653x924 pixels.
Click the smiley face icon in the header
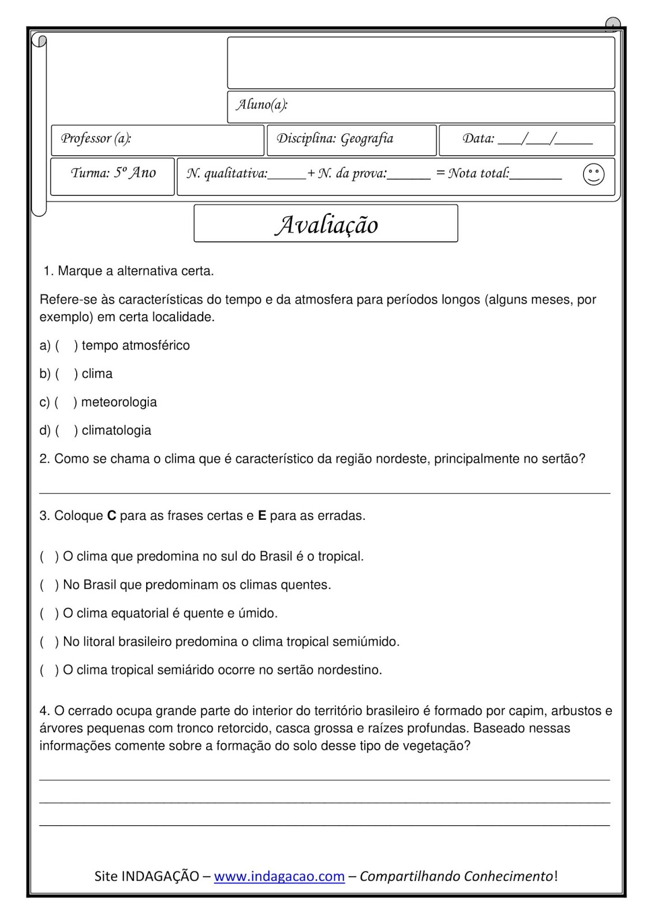pyautogui.click(x=594, y=174)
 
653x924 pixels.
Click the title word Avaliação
pyautogui.click(x=326, y=225)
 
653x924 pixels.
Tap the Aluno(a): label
pyautogui.click(x=262, y=105)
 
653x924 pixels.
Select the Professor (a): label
pyautogui.click(x=96, y=139)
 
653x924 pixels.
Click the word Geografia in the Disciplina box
pyautogui.click(x=367, y=139)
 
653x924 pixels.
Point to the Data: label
pyautogui.click(x=478, y=139)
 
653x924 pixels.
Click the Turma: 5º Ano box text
pyautogui.click(x=113, y=173)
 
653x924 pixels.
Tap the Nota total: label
pyautogui.click(x=479, y=173)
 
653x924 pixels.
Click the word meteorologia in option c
pyautogui.click(x=119, y=402)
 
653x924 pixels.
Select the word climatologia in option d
pyautogui.click(x=116, y=430)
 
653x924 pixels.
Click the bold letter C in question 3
pyautogui.click(x=112, y=516)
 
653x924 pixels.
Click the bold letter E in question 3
pyautogui.click(x=262, y=516)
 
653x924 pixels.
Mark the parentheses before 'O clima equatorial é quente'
pyautogui.click(x=49, y=613)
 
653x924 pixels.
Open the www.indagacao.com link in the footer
pyautogui.click(x=279, y=876)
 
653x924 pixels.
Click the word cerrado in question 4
pyautogui.click(x=90, y=711)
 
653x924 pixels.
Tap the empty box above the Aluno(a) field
pyautogui.click(x=421, y=63)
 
